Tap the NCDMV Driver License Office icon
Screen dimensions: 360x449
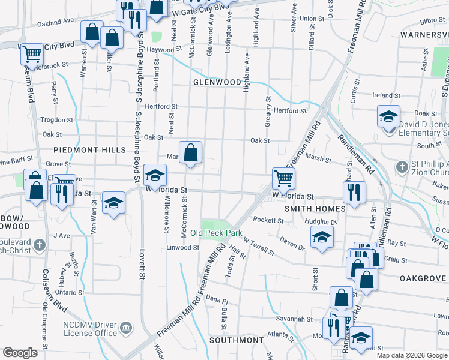[127, 328]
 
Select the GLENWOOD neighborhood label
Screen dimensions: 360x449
[217, 82]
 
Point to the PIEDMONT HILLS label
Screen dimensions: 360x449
[89, 149]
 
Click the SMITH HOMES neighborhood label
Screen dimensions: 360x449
[307, 209]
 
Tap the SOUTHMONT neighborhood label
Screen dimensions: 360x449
[237, 340]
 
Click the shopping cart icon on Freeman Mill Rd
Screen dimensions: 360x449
[283, 178]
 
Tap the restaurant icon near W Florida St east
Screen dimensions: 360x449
[354, 192]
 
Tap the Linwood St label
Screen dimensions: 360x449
[182, 247]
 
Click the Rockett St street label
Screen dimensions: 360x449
[268, 220]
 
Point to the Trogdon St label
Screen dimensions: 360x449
[56, 119]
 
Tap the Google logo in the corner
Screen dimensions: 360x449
[20, 352]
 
